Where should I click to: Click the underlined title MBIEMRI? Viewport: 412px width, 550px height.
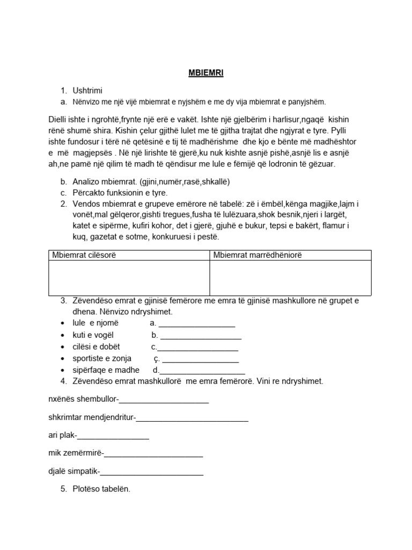[x=206, y=74]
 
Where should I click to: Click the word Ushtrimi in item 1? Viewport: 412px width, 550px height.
[x=87, y=91]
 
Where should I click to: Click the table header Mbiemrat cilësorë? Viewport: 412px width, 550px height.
[x=84, y=255]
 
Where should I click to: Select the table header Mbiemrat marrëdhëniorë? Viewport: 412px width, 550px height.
[x=257, y=255]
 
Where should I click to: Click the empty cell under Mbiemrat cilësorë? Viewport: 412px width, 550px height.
[x=129, y=278]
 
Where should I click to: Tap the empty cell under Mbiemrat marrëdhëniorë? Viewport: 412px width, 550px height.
[x=290, y=278]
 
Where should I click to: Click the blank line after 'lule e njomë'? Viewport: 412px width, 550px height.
[x=197, y=324]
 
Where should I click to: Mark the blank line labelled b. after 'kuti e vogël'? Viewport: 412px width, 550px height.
[x=201, y=336]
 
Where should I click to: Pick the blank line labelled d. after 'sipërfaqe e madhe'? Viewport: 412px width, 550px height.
[x=202, y=371]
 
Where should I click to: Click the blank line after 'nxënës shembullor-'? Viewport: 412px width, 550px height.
[x=163, y=401]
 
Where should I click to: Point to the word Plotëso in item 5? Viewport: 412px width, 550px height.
[x=89, y=489]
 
